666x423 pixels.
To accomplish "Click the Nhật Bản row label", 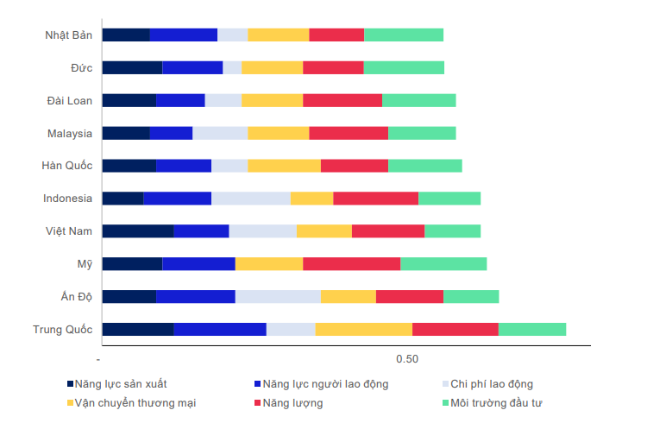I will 69,35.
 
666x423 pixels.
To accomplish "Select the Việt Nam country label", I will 69,231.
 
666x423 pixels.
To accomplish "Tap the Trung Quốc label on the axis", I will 62,329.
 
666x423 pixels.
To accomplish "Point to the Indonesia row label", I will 67,199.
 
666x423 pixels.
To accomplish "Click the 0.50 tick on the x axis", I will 407,359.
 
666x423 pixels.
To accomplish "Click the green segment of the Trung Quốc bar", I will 532,329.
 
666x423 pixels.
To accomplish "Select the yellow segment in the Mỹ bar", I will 269,263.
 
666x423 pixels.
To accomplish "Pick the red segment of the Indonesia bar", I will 375,199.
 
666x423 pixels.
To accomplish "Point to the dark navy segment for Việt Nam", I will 137,230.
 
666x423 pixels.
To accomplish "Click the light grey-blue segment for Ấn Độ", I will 278,296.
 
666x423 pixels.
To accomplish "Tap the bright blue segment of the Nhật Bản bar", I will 183,35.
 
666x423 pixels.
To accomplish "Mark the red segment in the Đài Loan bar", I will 342,100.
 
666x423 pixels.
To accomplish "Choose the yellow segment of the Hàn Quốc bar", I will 284,166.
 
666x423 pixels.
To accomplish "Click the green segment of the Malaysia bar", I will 422,133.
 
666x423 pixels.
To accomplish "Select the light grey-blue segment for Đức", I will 232,67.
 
